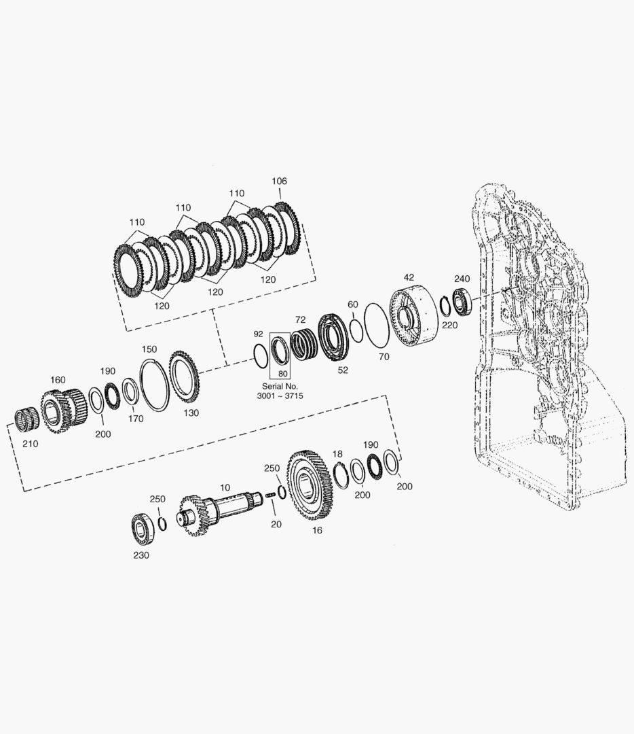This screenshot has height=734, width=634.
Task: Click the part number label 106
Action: pyautogui.click(x=279, y=181)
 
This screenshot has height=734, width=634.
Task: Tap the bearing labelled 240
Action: pyautogui.click(x=462, y=302)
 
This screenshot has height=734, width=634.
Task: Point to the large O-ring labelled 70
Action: pyautogui.click(x=376, y=324)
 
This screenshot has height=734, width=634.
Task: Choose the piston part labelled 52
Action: pyautogui.click(x=333, y=338)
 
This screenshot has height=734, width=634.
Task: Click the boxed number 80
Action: pyautogui.click(x=283, y=374)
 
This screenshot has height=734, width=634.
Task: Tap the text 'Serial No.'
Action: pyautogui.click(x=280, y=386)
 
